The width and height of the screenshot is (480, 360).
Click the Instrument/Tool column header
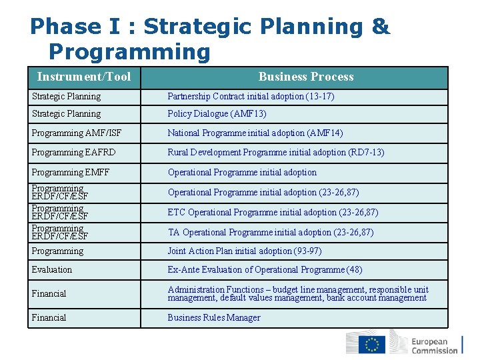coord(84,77)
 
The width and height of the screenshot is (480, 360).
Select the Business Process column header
coord(306,77)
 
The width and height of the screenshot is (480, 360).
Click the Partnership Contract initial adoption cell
coord(251,97)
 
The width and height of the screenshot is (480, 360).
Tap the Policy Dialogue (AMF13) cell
coord(217,114)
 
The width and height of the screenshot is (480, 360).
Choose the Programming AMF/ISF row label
coord(67,133)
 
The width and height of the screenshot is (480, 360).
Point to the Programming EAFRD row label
coord(73,152)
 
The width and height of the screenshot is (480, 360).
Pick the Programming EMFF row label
coord(71,172)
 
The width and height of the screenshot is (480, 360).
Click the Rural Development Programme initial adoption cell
coord(275,152)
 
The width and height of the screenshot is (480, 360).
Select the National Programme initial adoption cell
coord(255,133)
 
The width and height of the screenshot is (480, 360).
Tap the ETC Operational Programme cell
coord(273,212)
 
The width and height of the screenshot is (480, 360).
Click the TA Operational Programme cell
coord(270,232)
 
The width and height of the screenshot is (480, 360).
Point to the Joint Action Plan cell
coord(244,251)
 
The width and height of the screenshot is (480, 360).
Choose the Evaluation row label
coord(52,269)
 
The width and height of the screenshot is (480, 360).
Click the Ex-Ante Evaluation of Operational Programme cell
coord(265,269)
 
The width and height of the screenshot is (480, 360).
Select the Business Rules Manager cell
coord(214,317)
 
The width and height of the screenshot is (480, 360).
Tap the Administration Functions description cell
coord(298,293)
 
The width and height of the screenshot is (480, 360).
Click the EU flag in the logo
coord(372,345)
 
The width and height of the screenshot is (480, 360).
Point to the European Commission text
coord(435,345)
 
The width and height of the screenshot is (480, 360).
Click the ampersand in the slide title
coord(380,27)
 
